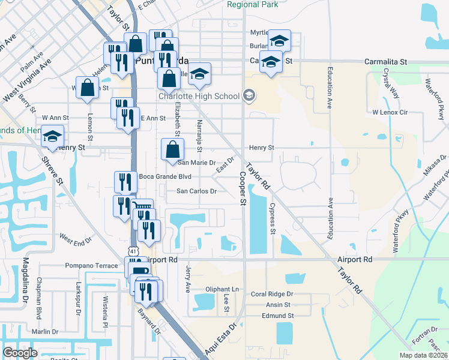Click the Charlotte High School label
[199, 96]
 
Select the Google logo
[20, 353]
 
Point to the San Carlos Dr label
[196, 191]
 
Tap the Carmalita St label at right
[386, 62]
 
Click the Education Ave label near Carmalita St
[330, 91]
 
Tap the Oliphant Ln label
[221, 289]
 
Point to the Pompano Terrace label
[92, 265]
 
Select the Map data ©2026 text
[423, 355]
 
